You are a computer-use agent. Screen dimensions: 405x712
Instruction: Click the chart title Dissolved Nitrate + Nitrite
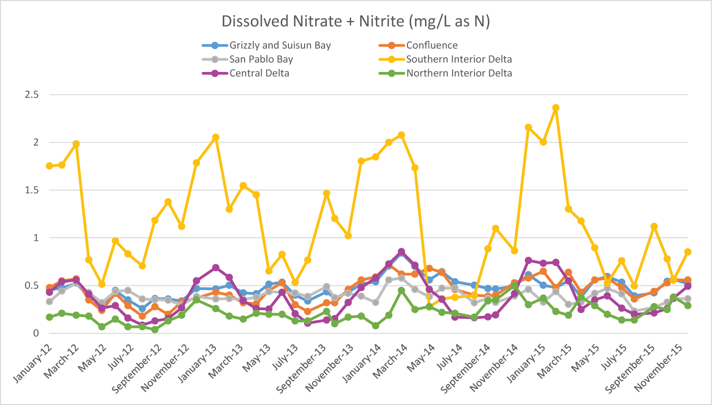356,21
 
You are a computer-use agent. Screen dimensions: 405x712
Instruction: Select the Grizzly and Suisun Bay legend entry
280,45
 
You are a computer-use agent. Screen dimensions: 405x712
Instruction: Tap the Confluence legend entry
432,45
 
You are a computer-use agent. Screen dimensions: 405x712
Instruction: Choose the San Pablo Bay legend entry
261,59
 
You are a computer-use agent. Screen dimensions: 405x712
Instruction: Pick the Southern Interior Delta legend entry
459,59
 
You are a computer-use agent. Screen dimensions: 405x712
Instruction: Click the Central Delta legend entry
259,73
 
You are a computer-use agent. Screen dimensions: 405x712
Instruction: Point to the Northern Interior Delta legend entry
459,73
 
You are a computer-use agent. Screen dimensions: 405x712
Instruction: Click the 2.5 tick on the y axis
31,94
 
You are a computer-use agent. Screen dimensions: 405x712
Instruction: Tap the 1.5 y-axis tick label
31,190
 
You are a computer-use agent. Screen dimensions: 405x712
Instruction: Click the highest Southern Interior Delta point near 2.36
555,108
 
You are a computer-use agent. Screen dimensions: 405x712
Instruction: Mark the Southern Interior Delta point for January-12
49,166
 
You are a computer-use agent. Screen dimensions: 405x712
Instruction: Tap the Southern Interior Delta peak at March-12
76,144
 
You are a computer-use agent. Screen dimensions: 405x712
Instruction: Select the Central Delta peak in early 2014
401,252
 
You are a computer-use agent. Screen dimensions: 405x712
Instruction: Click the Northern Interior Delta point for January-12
49,317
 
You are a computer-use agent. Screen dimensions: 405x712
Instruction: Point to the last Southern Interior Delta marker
687,252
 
